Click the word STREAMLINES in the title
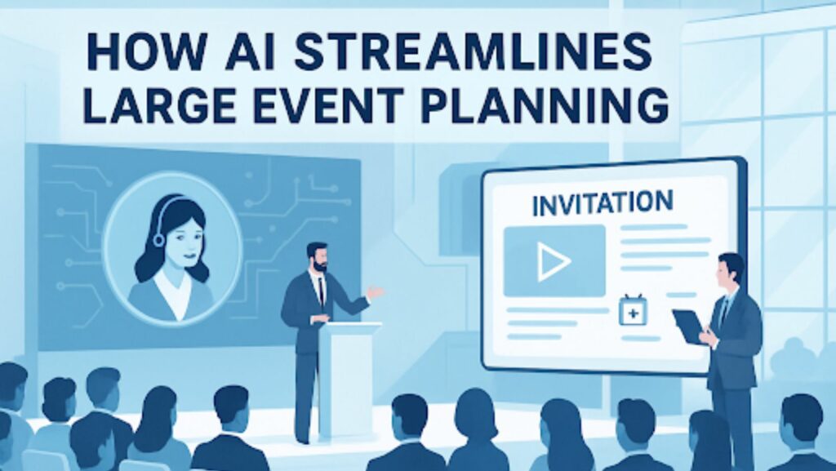pos(473,52)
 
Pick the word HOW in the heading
pos(147,52)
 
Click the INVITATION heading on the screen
pos(603,203)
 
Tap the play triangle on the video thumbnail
pos(554,261)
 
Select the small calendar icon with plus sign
pos(633,310)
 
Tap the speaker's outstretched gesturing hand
pos(376,292)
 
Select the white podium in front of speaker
pos(349,377)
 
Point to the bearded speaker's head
pos(318,257)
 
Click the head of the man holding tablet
pos(729,271)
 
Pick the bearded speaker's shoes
pos(304,439)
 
